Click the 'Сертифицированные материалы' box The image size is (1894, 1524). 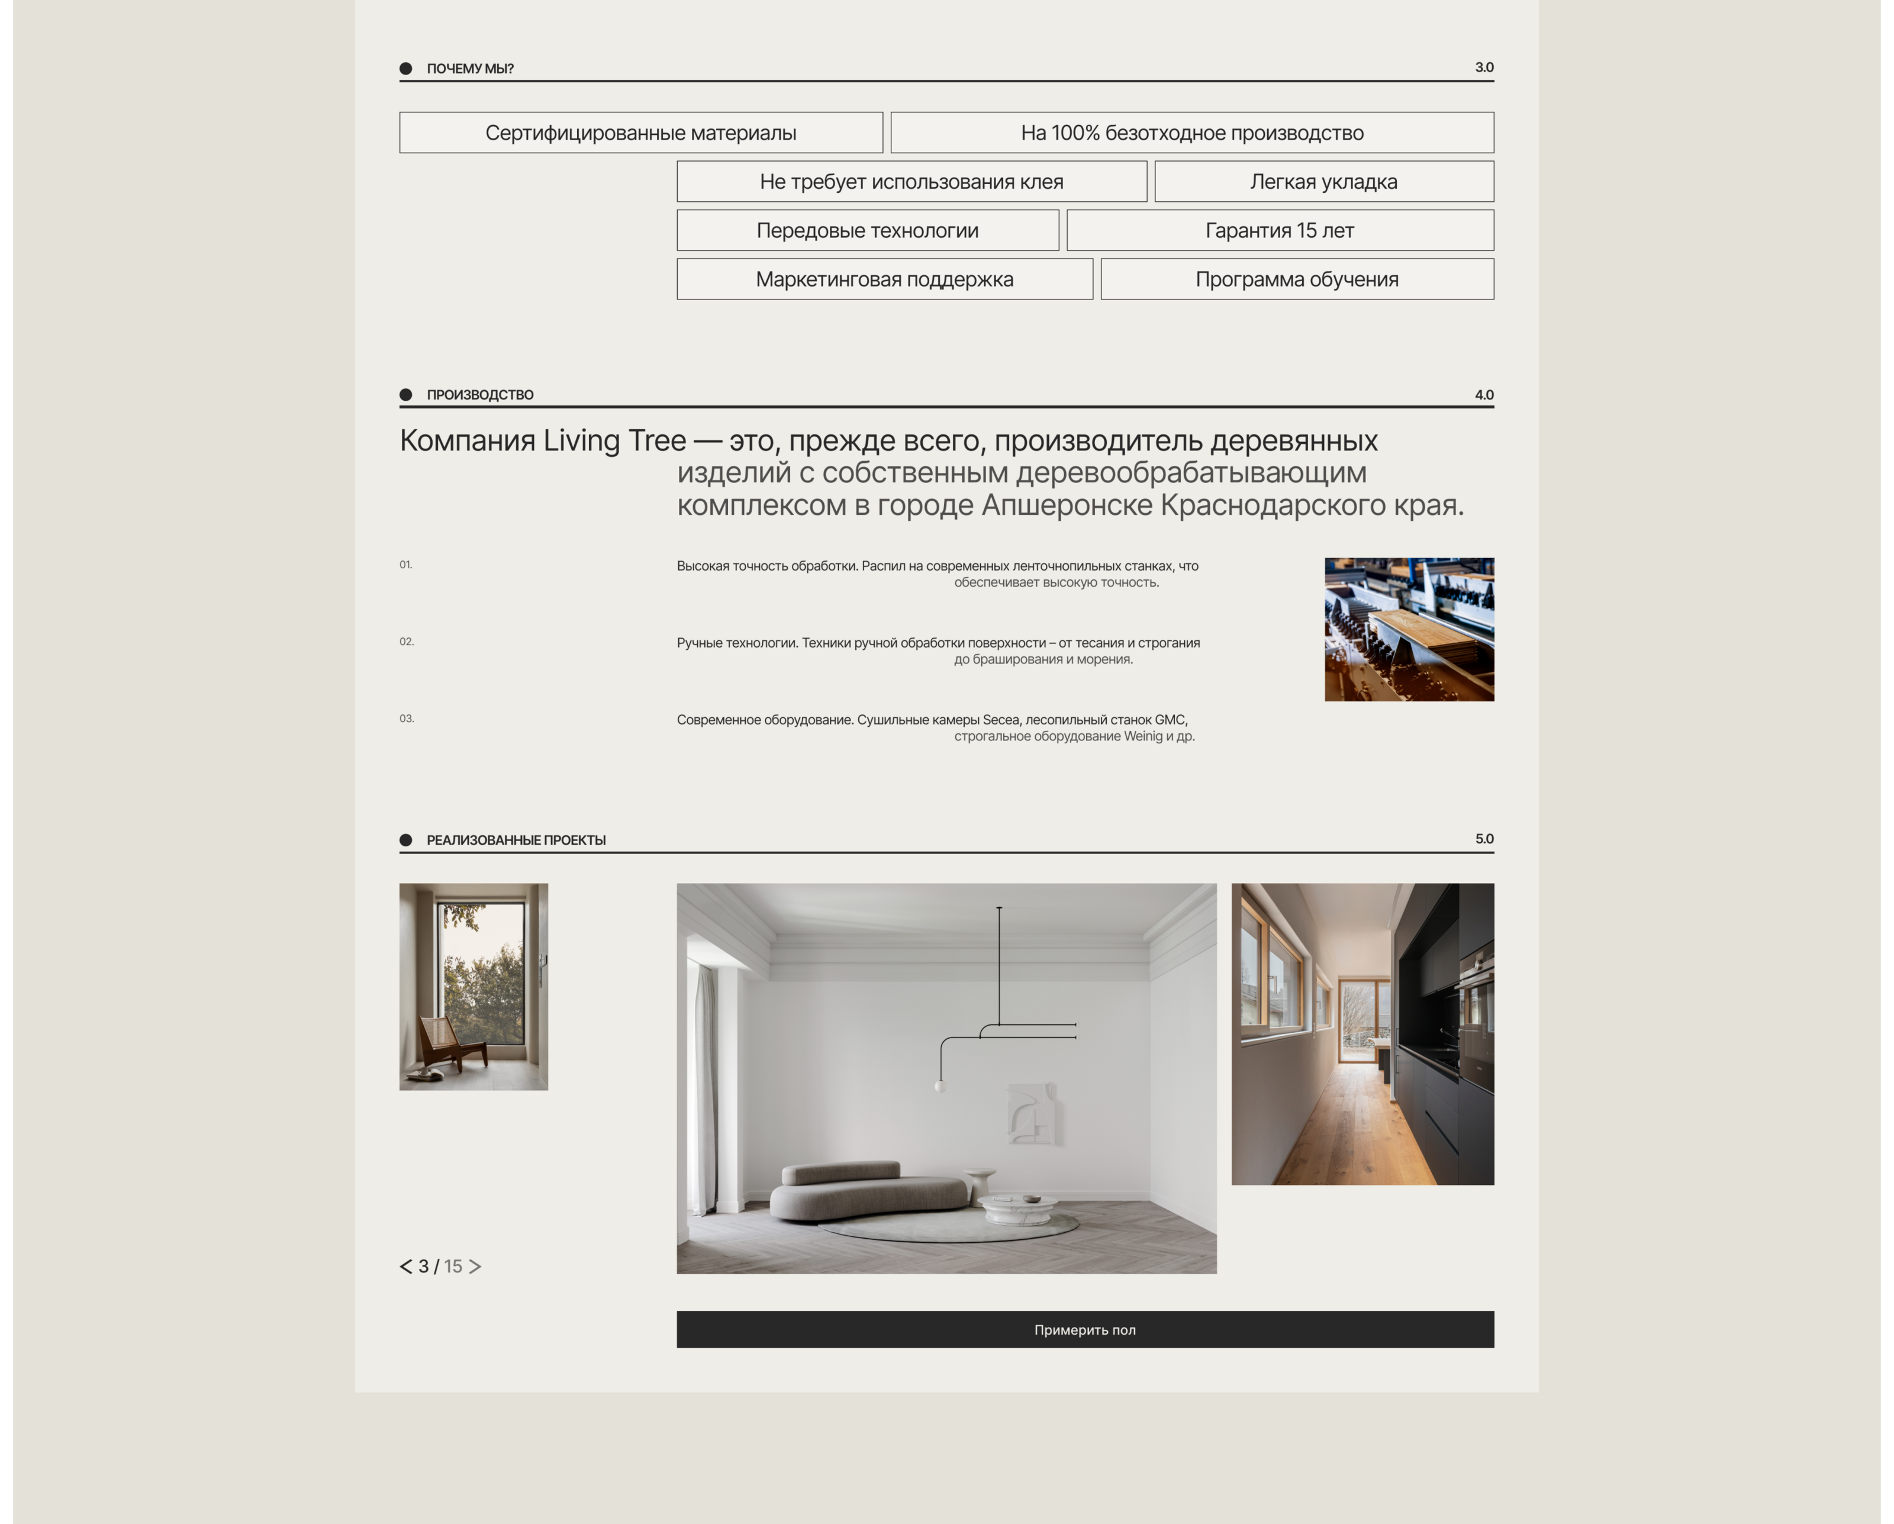pos(640,133)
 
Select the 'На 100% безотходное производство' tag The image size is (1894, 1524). pos(1191,133)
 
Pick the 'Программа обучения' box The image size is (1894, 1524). pos(1297,279)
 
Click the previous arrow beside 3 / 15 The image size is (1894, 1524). pos(406,1266)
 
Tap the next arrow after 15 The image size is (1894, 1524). pos(475,1266)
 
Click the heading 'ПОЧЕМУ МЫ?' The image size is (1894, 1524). pos(470,69)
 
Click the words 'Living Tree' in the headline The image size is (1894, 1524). pos(614,441)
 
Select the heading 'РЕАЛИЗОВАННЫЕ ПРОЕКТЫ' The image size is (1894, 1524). pos(516,840)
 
